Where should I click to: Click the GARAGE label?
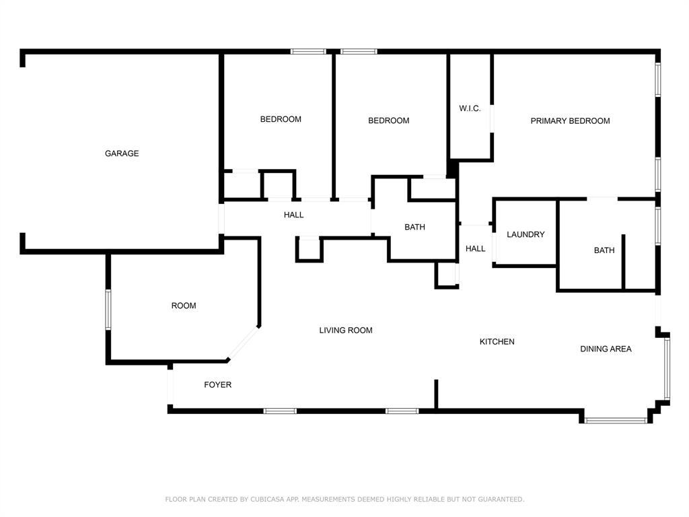122,153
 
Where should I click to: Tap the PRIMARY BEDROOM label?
570,121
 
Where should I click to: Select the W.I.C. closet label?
470,108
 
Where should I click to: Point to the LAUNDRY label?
525,234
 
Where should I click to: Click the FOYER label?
217,384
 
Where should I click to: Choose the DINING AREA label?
606,349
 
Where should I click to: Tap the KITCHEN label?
497,341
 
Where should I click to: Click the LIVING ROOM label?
346,330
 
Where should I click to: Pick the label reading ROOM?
184,306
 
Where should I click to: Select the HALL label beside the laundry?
476,249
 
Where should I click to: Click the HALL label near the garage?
293,215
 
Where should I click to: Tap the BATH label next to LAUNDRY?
604,250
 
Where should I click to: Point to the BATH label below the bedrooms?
414,228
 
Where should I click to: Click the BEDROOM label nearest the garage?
281,119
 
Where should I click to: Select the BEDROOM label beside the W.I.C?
388,120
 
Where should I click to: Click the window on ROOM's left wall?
108,310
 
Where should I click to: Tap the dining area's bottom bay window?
616,421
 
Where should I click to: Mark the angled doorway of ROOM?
242,343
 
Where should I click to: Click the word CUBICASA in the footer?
268,499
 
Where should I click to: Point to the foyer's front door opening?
170,387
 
